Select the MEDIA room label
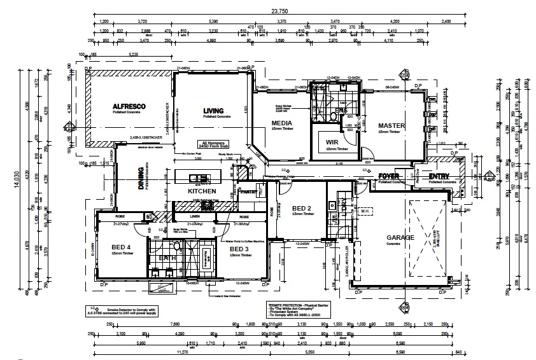pos(281,123)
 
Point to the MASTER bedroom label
pos(392,125)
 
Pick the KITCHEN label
pos(201,191)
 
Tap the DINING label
pos(140,178)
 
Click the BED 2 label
pos(302,208)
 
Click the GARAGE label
pos(400,237)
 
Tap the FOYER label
pos(389,176)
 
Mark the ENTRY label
pos(439,176)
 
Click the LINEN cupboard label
pos(195,216)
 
